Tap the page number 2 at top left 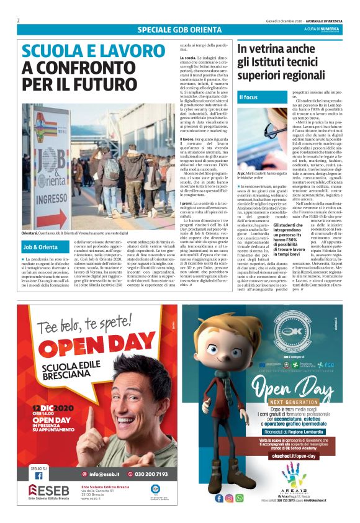pos(19,20)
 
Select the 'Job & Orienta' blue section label pos(40,247)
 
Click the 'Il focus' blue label pos(248,97)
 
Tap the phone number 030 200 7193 pos(149,475)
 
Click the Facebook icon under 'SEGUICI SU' pos(38,475)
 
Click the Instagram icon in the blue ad pos(230,498)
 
